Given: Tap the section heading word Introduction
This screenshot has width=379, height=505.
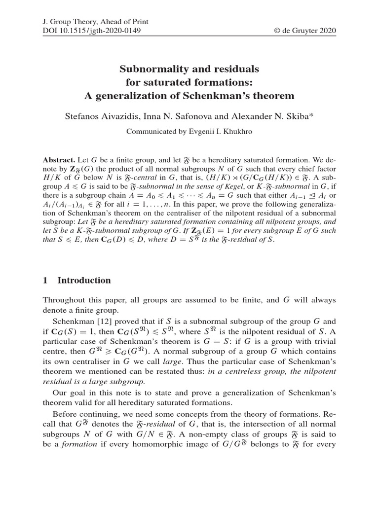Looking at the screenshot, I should coord(84,281).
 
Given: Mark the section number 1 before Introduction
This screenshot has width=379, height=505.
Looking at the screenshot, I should coord(45,281).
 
